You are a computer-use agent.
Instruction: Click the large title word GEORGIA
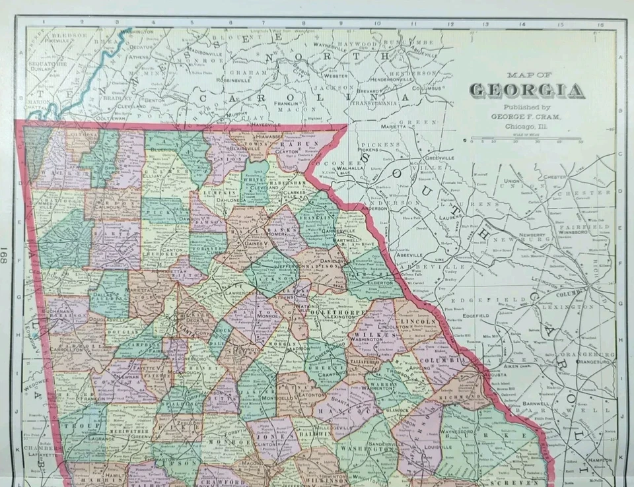point(527,90)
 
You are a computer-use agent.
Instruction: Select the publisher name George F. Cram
point(528,116)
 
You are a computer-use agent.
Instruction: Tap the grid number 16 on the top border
point(600,25)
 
